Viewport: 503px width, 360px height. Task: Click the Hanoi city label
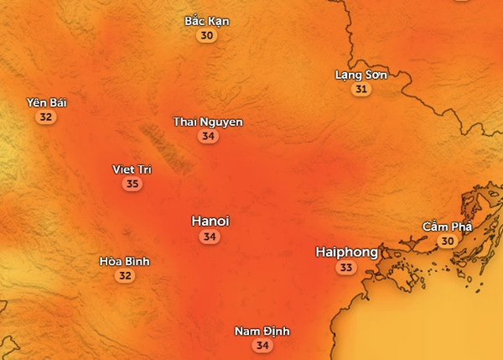[x=210, y=222]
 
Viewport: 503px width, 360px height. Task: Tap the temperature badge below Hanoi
[x=210, y=237]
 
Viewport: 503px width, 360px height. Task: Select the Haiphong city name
[x=346, y=252]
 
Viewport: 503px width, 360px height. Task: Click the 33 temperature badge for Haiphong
[x=345, y=268]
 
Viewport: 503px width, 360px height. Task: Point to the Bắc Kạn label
[x=207, y=21]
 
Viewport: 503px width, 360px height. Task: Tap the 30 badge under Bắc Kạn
[x=207, y=36]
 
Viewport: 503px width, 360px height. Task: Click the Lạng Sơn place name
[x=360, y=75]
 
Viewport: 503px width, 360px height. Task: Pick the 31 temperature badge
[x=361, y=89]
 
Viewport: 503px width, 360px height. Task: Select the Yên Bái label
[x=47, y=103]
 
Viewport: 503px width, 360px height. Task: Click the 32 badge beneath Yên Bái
[x=46, y=117]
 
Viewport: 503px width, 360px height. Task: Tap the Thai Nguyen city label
[x=208, y=123]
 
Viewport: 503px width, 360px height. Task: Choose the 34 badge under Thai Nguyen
[x=208, y=137]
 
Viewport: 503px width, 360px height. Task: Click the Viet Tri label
[x=132, y=170]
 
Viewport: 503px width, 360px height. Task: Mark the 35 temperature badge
[x=132, y=184]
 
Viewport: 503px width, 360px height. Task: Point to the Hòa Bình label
[x=124, y=261]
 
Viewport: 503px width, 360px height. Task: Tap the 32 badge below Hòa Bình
[x=124, y=275]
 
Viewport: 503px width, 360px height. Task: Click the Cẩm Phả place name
[x=448, y=227]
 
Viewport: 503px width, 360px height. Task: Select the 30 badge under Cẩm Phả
[x=448, y=241]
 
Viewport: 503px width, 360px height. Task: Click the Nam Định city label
[x=262, y=331]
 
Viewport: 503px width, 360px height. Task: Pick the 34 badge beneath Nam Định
[x=262, y=346]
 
